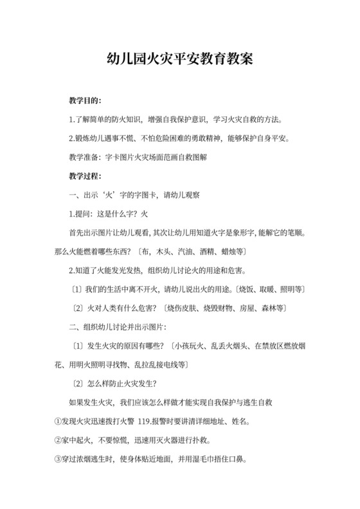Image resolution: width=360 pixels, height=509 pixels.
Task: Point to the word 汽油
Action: tap(173, 248)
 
